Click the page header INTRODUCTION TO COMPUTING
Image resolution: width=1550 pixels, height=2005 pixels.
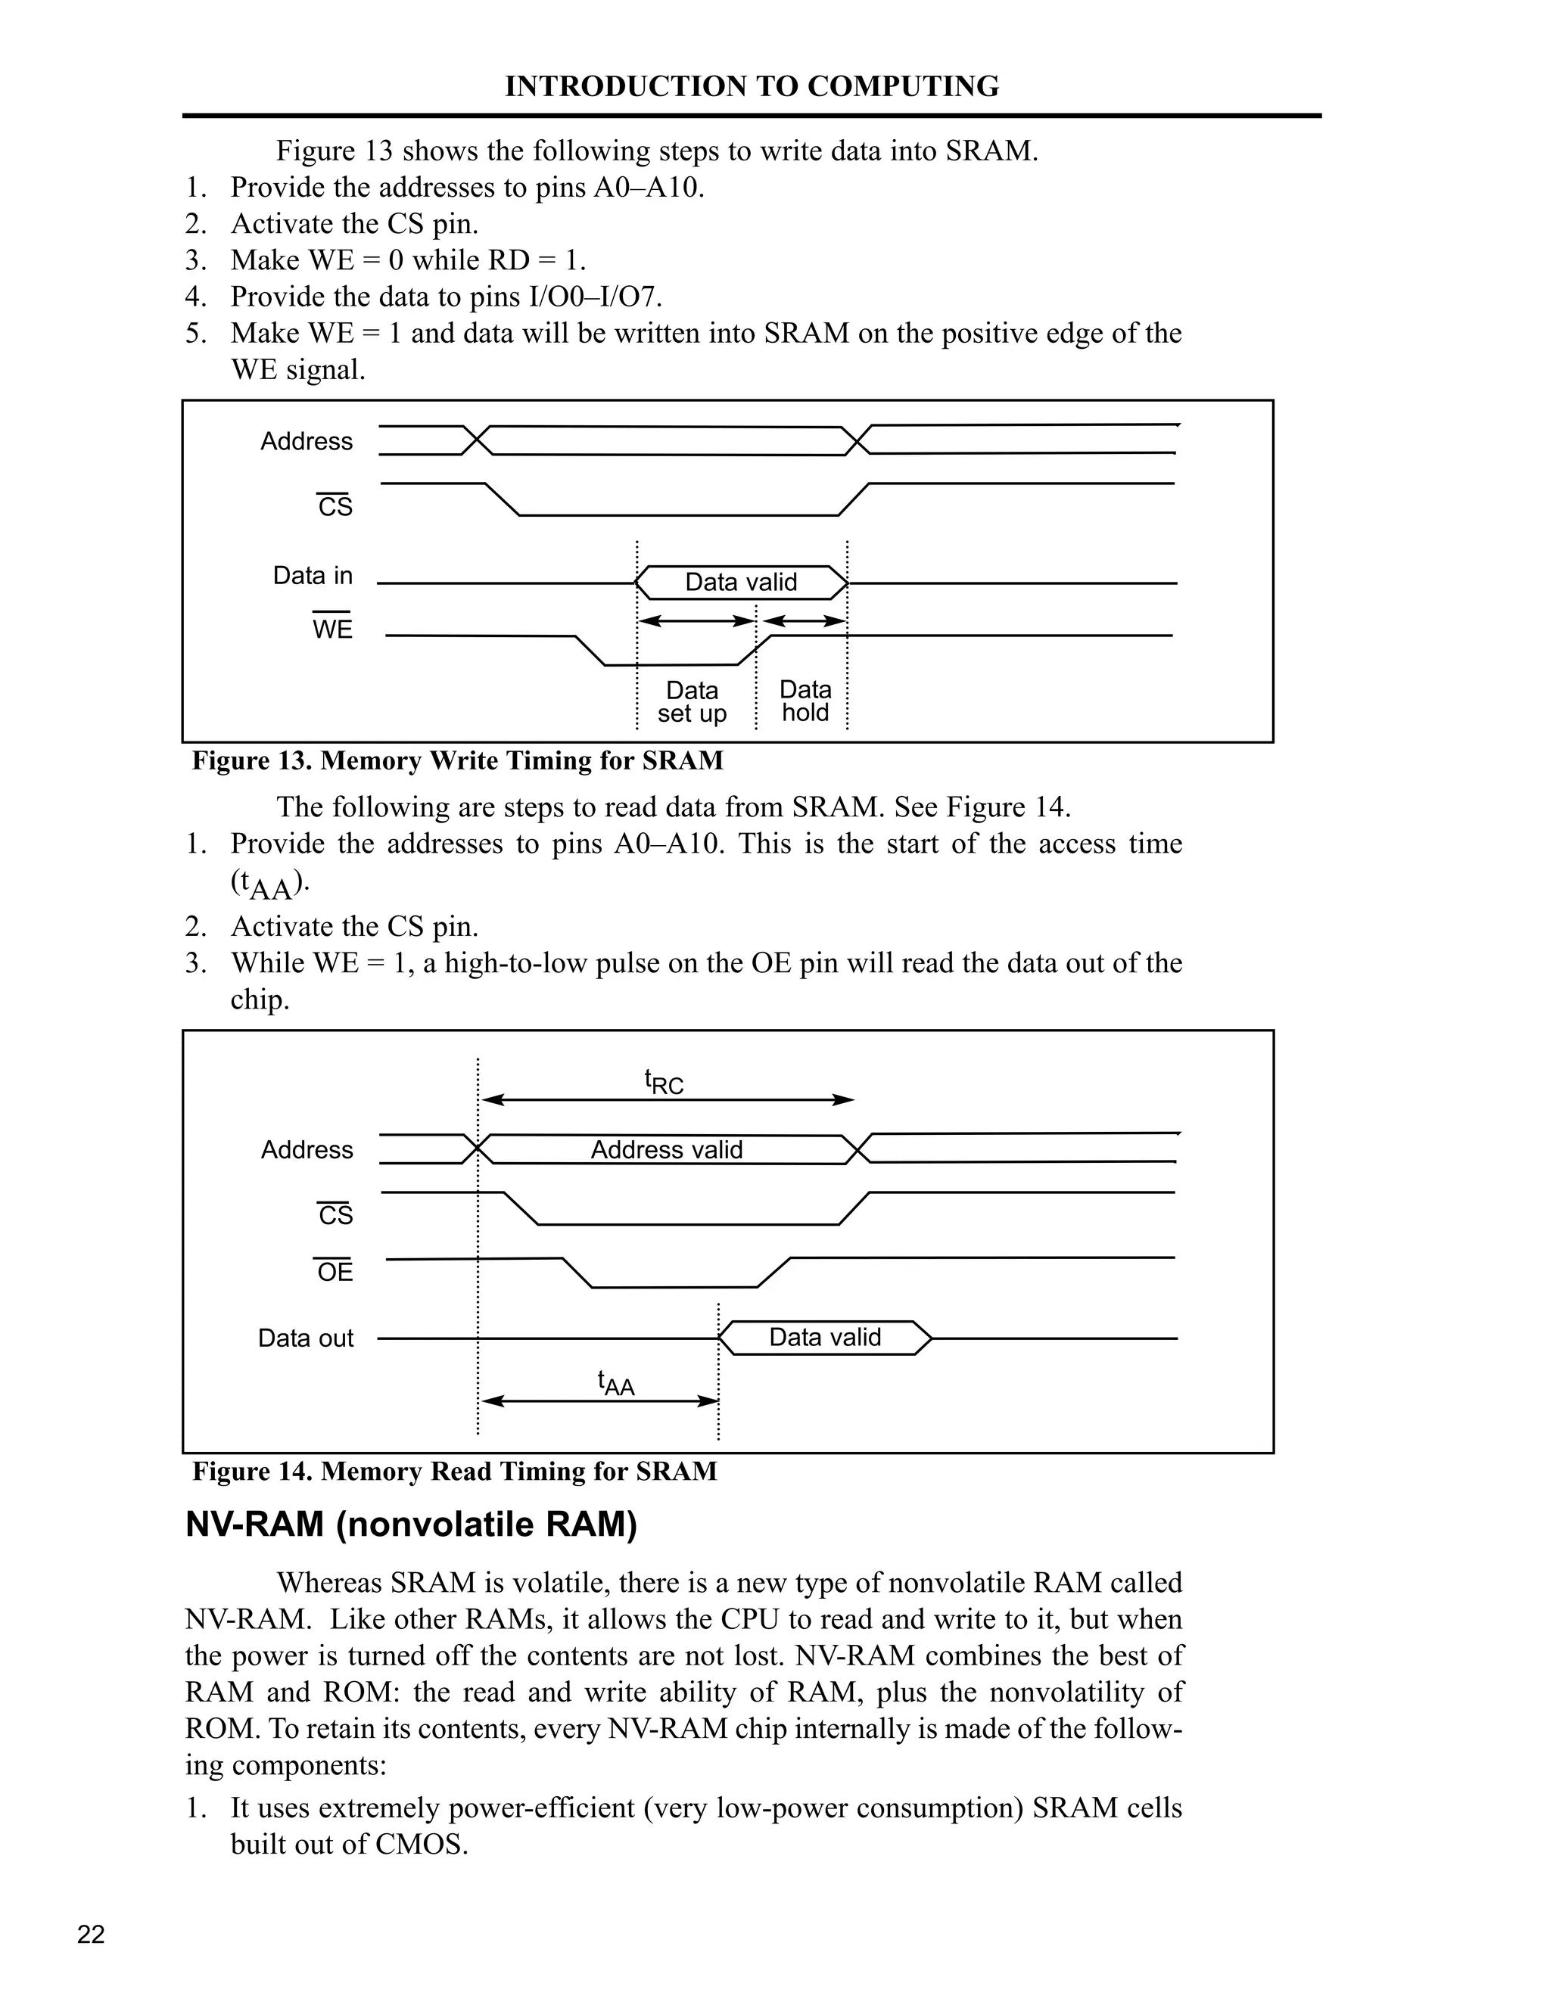[x=751, y=86]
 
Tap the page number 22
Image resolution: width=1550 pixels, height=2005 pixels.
[x=91, y=1935]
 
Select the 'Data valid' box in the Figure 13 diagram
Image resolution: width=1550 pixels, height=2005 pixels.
[x=741, y=582]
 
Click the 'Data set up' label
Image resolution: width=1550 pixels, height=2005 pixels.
[x=692, y=701]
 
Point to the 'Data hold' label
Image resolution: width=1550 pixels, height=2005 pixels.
[x=805, y=701]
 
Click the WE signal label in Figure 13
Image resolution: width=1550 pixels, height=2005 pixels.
[x=332, y=629]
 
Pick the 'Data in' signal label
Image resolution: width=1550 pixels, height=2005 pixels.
[x=313, y=576]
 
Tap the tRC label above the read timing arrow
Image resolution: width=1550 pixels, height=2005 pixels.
[x=663, y=1083]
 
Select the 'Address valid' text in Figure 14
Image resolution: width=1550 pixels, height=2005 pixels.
[x=666, y=1149]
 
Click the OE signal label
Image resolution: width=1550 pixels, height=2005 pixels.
[x=335, y=1272]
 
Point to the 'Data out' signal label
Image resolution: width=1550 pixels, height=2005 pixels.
[x=305, y=1338]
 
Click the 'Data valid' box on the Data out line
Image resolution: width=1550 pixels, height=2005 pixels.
[x=825, y=1337]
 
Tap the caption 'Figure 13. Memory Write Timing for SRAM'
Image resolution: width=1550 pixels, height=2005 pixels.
[x=457, y=760]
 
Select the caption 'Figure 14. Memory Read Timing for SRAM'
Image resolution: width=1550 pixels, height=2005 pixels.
[x=455, y=1471]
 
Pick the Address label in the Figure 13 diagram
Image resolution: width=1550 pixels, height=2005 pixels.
[x=306, y=442]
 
